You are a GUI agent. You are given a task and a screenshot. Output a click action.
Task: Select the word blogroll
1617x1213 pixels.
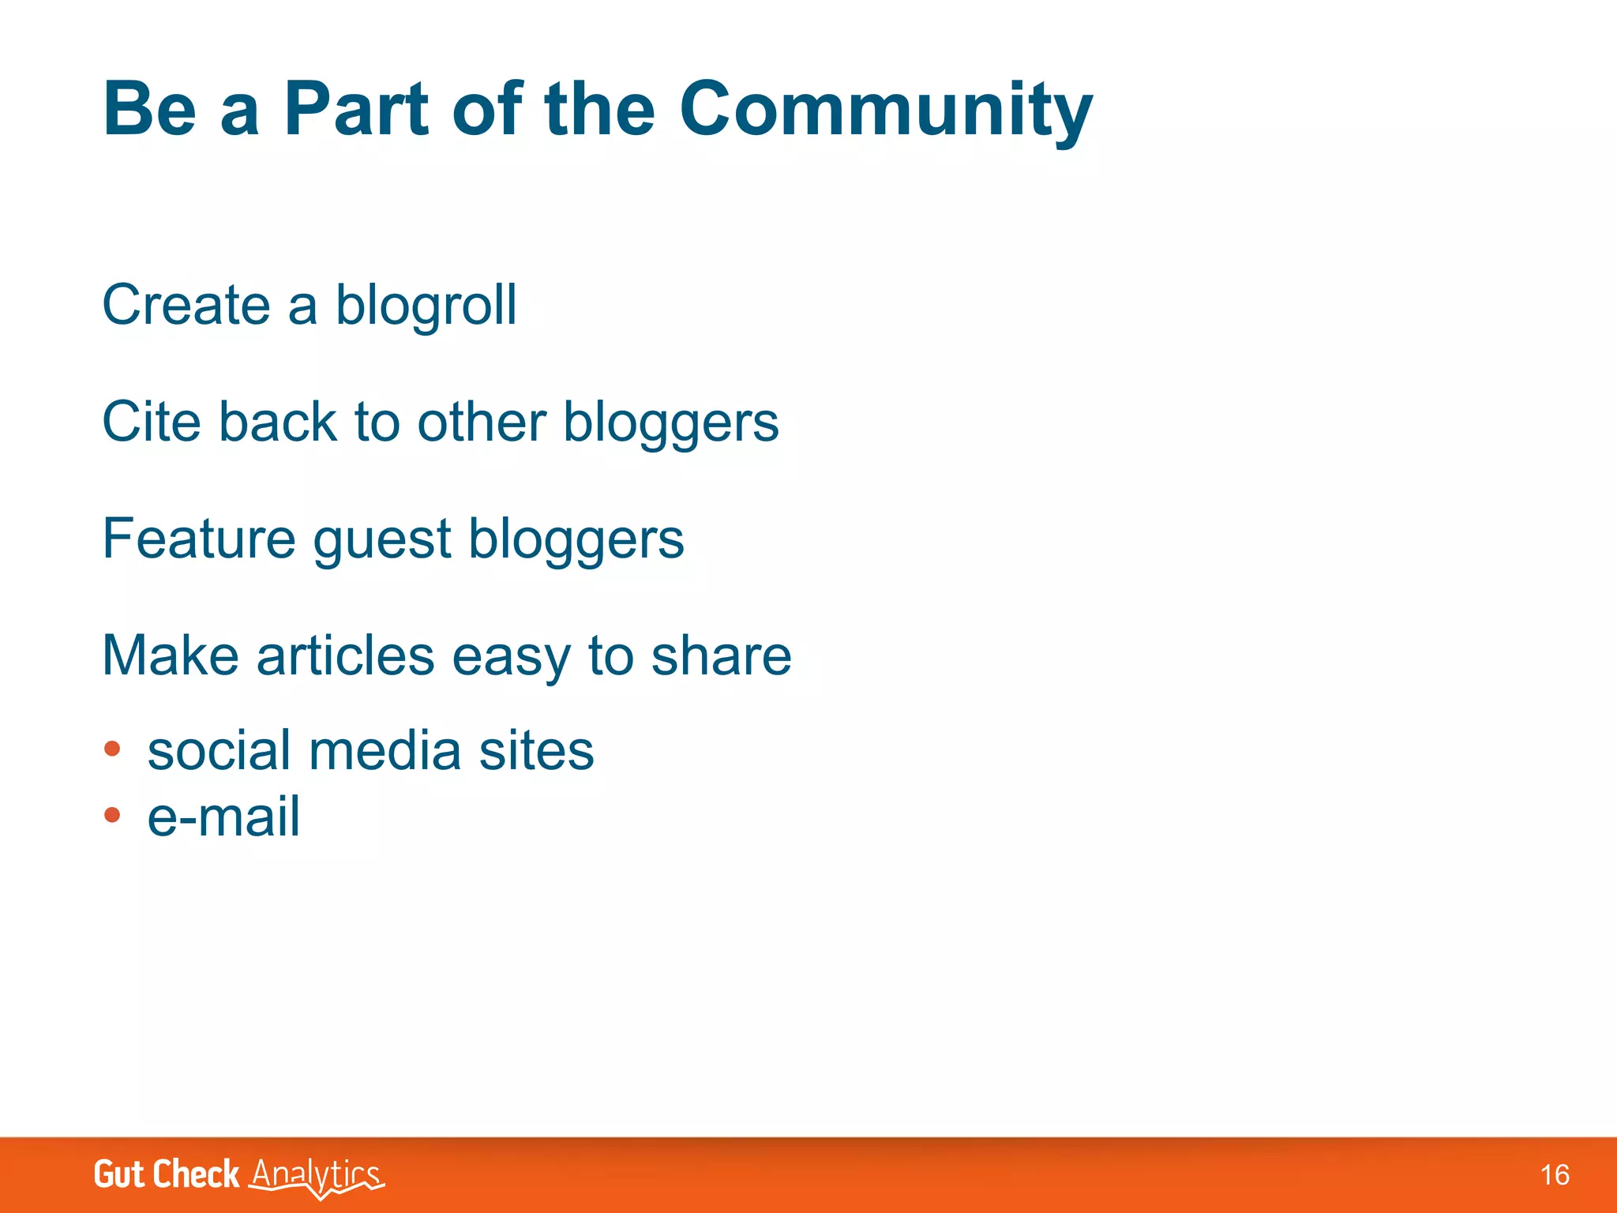[426, 306]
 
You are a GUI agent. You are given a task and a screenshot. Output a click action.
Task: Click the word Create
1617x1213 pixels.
[186, 305]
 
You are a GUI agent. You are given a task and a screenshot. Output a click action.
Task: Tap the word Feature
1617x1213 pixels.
[199, 539]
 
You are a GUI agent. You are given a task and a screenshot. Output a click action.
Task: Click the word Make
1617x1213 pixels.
[171, 655]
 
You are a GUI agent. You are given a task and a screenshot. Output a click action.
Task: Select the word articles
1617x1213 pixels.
[345, 655]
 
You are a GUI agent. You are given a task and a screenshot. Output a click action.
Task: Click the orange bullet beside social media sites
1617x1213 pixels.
[112, 748]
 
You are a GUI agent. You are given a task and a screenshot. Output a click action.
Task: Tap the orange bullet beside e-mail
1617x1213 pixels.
[112, 814]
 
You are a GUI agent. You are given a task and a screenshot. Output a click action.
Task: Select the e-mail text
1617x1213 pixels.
[223, 817]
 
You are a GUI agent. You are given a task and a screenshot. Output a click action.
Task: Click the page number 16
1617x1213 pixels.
[1554, 1175]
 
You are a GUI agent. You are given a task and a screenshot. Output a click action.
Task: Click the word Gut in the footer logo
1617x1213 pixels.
[118, 1174]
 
